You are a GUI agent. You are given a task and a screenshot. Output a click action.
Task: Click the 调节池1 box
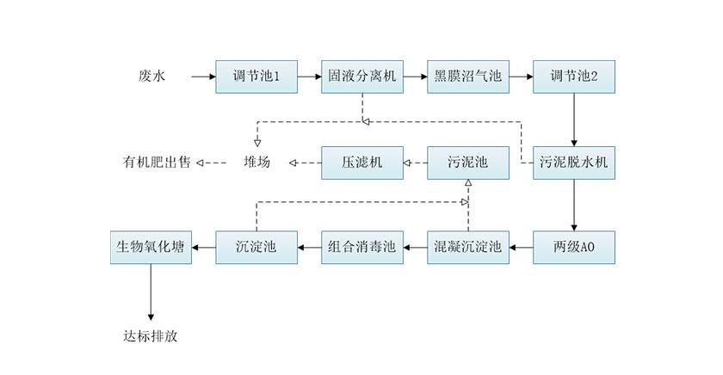(x=256, y=77)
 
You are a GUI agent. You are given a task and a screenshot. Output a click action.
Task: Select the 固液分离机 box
(x=362, y=77)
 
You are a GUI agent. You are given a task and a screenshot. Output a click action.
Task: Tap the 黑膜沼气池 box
(x=468, y=77)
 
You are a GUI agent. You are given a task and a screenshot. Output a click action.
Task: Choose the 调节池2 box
(x=574, y=77)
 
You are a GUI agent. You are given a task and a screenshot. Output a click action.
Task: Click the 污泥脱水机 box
(x=574, y=162)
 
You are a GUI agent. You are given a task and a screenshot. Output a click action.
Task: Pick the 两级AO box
(x=574, y=248)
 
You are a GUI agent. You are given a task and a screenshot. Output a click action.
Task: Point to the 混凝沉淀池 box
(x=468, y=248)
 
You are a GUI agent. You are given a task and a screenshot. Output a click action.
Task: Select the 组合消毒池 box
(x=362, y=248)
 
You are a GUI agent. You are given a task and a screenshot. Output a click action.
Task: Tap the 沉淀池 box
(x=256, y=248)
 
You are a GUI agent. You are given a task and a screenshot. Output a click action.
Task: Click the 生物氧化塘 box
(x=151, y=248)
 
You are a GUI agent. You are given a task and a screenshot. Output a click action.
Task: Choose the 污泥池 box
(x=468, y=162)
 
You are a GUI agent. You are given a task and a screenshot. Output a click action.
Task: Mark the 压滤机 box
(x=362, y=162)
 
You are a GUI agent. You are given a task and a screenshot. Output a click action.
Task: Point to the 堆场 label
(x=256, y=162)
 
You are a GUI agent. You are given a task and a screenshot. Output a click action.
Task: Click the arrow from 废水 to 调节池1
(x=203, y=77)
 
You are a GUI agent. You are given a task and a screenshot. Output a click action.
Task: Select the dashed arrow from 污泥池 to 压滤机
(x=416, y=162)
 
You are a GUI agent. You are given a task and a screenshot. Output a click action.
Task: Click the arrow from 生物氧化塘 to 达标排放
(x=151, y=292)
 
